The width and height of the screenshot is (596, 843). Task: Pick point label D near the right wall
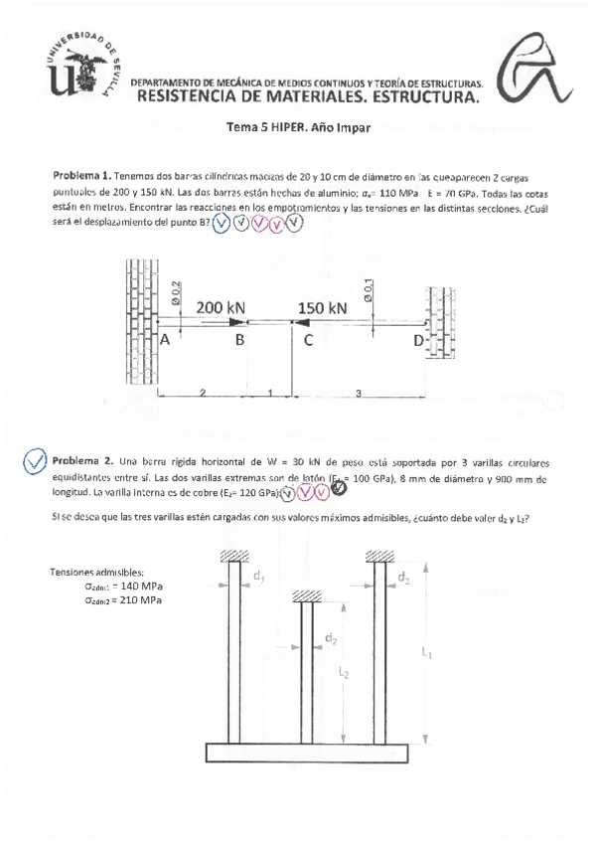(418, 341)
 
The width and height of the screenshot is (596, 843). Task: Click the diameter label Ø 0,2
(175, 290)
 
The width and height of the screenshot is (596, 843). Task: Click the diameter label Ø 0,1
(367, 289)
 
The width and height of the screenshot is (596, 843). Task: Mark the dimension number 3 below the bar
(358, 394)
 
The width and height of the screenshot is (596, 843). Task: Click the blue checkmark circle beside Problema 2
(35, 461)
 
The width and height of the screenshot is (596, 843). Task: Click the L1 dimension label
(427, 653)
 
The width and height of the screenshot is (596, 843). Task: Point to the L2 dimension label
(344, 673)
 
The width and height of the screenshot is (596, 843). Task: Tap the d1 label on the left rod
(258, 576)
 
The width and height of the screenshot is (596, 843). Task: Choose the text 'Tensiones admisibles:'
(96, 572)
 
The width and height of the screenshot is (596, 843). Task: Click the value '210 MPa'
(139, 600)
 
